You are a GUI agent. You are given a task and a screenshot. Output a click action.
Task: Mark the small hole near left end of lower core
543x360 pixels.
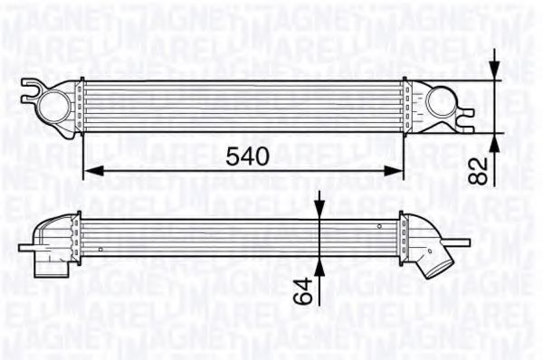coord(100,244)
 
